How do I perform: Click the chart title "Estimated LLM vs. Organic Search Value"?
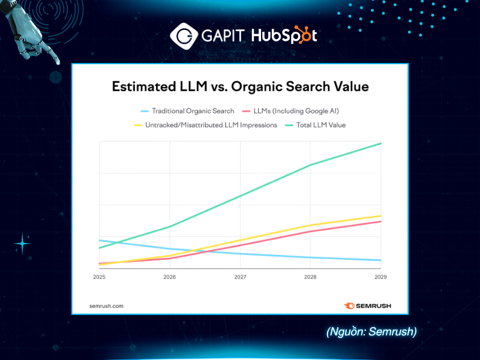point(240,86)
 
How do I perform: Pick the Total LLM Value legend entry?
point(314,125)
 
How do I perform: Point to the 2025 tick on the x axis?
point(99,277)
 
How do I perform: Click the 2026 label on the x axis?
point(170,277)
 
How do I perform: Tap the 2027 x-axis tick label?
point(240,277)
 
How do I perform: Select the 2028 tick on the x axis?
point(310,277)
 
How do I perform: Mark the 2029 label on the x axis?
point(380,277)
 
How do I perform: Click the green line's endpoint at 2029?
point(381,143)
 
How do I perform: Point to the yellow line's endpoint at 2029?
point(381,215)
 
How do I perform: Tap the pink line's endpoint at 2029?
point(381,221)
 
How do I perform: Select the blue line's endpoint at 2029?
point(381,260)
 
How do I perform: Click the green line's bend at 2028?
point(310,165)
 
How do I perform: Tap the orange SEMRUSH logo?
point(367,305)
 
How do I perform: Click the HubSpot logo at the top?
point(283,35)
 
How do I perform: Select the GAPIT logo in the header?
point(207,35)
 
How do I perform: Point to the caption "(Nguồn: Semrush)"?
point(371,332)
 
